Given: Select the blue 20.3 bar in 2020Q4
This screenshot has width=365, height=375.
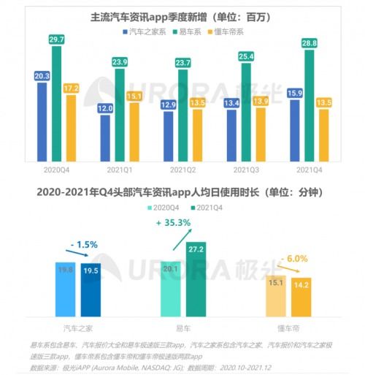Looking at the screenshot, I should [x=42, y=121].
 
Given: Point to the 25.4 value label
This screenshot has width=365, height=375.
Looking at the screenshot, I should [x=246, y=56].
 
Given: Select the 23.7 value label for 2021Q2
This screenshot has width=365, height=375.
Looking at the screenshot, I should [x=182, y=63].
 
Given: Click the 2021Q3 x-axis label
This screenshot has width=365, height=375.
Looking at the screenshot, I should [x=246, y=169].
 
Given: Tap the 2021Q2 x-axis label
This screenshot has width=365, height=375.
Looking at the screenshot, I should [x=182, y=169].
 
